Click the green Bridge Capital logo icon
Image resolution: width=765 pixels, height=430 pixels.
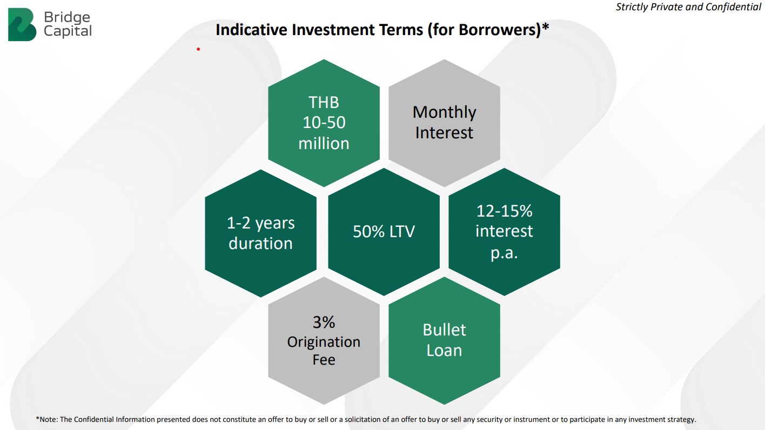coord(22,25)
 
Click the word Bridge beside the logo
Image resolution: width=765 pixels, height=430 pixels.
coord(68,17)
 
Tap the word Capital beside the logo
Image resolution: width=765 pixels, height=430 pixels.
coord(68,31)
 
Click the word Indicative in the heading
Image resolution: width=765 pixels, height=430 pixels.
coord(252,29)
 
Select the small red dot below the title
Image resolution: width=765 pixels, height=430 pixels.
coord(198,49)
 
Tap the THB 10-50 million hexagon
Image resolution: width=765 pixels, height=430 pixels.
coord(324,123)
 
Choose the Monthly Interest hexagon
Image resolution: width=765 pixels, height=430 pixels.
coord(444,123)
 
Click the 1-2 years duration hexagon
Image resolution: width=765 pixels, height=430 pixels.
coord(260,233)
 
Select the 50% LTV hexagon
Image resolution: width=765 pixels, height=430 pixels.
coord(384,232)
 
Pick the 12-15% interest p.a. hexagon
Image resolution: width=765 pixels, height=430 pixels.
coord(505,232)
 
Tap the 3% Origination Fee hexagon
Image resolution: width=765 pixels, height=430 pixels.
coord(324,340)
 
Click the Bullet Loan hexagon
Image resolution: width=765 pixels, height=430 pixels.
coord(444,340)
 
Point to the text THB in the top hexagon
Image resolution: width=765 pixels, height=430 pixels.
coord(324,103)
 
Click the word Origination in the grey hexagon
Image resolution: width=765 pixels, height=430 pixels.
coord(324,342)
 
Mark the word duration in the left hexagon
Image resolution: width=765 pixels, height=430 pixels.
coord(260,244)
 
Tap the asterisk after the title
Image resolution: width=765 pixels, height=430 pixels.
coord(546,26)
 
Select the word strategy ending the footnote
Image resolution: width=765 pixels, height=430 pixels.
coord(681,420)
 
